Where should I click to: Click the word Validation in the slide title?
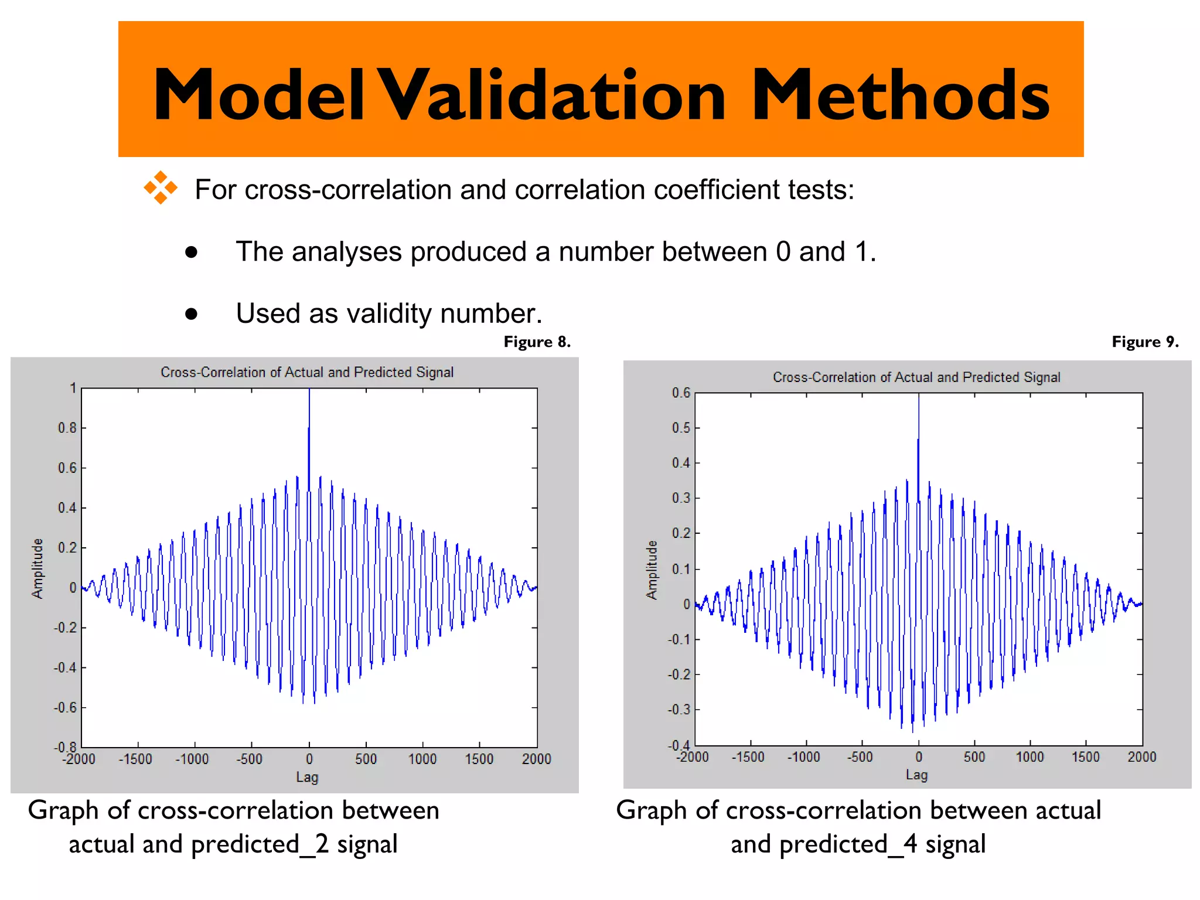551,96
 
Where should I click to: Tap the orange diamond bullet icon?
161,188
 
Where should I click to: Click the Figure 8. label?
537,342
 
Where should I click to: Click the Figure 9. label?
1145,342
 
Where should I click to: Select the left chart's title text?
307,373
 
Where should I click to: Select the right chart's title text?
916,377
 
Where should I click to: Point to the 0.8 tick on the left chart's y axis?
67,428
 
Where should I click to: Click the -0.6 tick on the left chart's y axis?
65,708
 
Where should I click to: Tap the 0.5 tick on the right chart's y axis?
681,428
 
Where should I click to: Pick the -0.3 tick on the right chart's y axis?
679,710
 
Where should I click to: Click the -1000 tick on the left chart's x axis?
192,759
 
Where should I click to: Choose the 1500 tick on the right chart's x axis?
1085,757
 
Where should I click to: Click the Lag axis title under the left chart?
307,778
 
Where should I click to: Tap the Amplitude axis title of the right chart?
652,570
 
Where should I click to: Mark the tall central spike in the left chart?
309,434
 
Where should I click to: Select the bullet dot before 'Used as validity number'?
191,314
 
